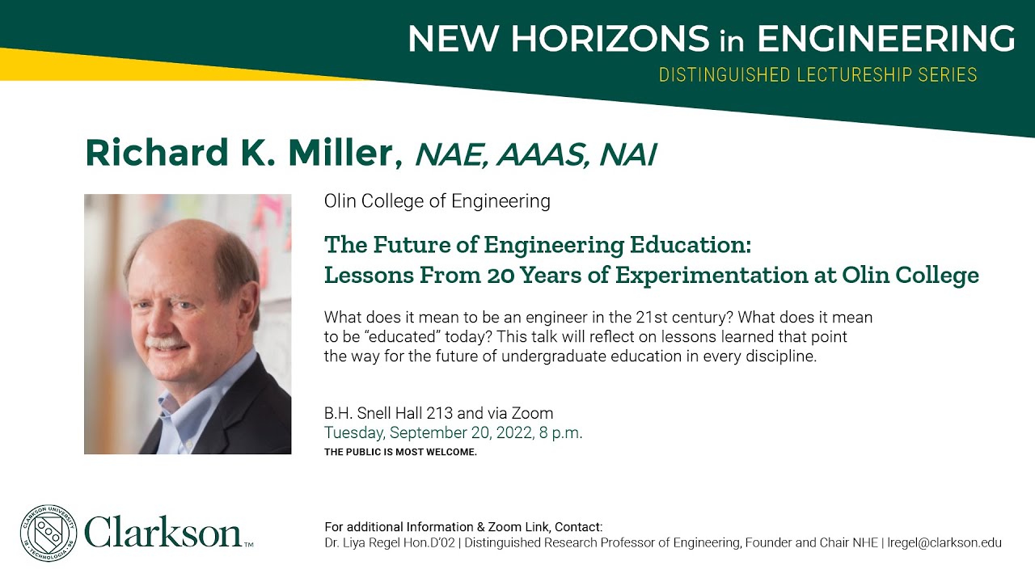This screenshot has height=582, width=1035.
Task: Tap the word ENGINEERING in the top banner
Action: pos(885,39)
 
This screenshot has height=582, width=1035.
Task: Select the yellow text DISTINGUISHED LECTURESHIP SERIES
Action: pos(818,75)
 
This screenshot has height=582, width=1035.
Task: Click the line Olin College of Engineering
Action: pos(437,201)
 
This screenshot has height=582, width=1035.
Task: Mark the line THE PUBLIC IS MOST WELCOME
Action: pos(400,452)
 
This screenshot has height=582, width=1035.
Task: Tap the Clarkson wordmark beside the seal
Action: pos(164,533)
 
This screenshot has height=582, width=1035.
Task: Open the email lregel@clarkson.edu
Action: pos(945,543)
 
